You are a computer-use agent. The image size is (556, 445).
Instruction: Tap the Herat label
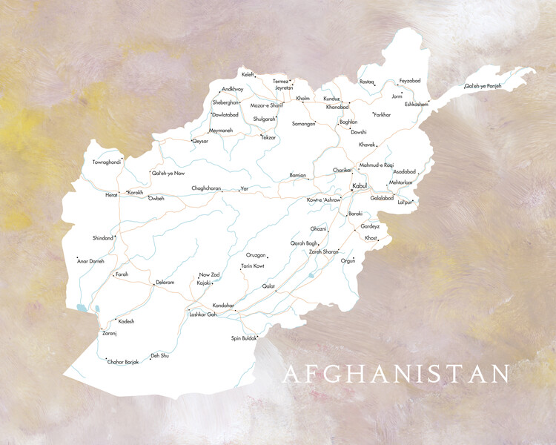click(x=111, y=194)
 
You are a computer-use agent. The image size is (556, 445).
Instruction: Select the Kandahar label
click(x=223, y=306)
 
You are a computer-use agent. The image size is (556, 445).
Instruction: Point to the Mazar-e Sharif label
click(x=266, y=105)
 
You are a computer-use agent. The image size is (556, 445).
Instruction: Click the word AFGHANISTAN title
click(x=396, y=374)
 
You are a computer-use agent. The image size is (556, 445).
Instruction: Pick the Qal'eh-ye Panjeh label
click(x=483, y=86)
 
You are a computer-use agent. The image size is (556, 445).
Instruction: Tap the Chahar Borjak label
click(x=123, y=361)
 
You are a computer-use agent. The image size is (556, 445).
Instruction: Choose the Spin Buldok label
click(x=244, y=338)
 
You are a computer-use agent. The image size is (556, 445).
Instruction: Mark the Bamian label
click(x=297, y=176)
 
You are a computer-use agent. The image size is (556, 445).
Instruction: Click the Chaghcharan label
click(x=207, y=188)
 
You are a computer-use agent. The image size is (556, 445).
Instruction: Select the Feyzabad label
click(x=410, y=80)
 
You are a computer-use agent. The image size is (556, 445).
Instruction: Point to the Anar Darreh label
click(x=91, y=261)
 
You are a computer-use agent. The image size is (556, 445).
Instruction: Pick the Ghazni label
click(x=318, y=229)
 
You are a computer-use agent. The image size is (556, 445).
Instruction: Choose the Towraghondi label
click(x=105, y=162)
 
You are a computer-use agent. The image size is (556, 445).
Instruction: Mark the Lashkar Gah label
click(x=203, y=314)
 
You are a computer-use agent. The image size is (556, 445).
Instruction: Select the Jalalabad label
click(x=382, y=198)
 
